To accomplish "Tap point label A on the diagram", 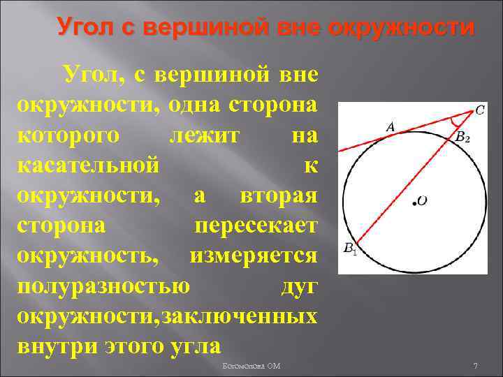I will [391, 127].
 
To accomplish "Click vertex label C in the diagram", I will [480, 110].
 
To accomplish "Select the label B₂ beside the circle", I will [462, 138].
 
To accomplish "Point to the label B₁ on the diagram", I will [350, 248].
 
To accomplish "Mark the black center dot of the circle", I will [415, 203].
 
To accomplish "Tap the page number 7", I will [475, 366].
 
